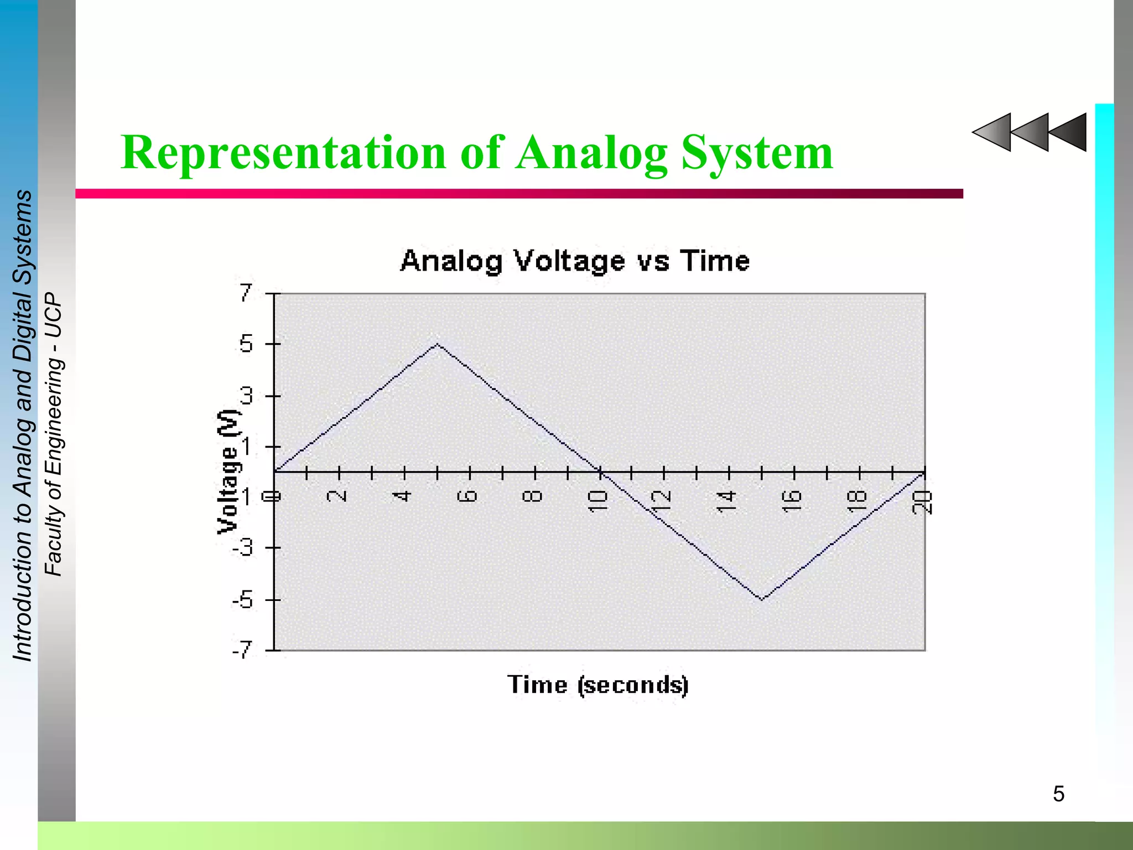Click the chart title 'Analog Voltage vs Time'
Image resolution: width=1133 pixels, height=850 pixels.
pos(575,261)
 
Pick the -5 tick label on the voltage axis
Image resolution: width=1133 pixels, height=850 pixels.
pos(243,600)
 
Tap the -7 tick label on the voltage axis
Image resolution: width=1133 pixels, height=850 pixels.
pos(243,650)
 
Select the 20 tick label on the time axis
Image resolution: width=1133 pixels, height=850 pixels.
pos(922,502)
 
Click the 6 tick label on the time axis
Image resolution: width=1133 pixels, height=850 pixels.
pos(468,495)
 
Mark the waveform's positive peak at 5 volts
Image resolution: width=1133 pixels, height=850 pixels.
pos(437,344)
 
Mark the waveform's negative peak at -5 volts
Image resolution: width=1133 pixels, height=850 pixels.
pos(762,599)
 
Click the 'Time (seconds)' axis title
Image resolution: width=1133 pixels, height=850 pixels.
pos(598,685)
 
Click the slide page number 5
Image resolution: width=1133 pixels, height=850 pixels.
pos(1058,794)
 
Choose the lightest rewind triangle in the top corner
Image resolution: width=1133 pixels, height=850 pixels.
pos(994,132)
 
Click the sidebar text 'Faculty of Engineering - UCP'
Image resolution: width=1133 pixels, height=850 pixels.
pos(54,434)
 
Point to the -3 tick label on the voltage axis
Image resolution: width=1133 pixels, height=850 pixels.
pos(243,548)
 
